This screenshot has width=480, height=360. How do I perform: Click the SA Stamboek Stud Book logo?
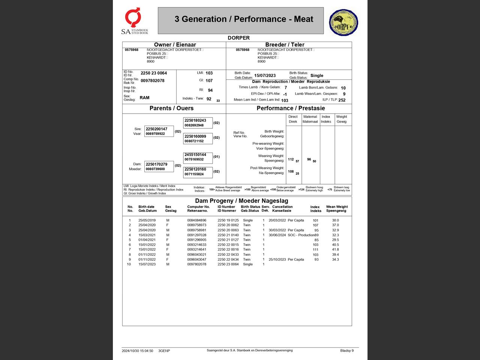pos(134,21)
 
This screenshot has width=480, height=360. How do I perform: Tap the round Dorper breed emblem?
pos(343,22)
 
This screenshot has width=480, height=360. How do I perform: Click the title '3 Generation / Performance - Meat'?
pos(244,19)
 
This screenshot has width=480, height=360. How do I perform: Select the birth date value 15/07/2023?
pos(265,76)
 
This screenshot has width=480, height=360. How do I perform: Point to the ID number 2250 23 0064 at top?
pos(154,73)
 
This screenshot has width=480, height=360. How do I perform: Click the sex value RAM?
pos(144,98)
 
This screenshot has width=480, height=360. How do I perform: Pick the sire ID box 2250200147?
pos(159,131)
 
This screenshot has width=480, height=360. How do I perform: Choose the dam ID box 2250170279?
pos(159,166)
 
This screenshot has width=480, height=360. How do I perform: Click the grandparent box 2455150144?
pos(198,157)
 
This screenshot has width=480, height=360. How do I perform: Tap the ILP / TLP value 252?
pos(342,100)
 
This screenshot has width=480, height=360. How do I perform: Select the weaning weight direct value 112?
pos(291,159)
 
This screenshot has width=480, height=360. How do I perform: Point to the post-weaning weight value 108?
pos(291,172)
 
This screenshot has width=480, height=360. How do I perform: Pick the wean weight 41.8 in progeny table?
pos(335,249)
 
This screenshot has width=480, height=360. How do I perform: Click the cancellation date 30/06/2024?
pos(277,235)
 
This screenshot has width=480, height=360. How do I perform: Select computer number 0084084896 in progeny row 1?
pos(197,220)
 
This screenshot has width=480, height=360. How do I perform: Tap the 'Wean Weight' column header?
pos(337,208)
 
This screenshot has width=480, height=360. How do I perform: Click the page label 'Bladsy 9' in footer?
pos(347,351)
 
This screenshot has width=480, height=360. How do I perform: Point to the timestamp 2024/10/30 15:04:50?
pos(137,351)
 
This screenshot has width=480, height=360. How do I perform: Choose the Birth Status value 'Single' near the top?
pos(317,75)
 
